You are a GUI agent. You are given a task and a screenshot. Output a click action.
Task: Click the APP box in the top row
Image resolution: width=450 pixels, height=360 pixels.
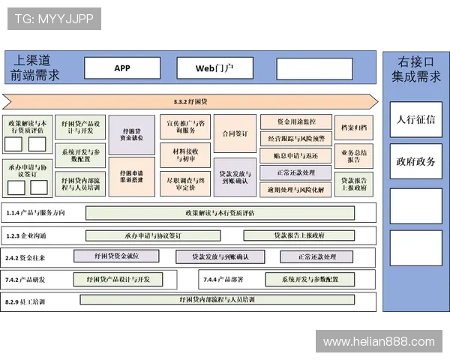pos(122,68)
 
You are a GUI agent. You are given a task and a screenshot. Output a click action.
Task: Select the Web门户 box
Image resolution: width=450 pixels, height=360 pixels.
pos(214,68)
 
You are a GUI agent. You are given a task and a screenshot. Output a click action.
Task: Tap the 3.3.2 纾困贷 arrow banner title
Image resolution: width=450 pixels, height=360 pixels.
pos(190,101)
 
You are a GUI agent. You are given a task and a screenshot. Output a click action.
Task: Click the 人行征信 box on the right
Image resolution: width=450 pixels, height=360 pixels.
pos(415,119)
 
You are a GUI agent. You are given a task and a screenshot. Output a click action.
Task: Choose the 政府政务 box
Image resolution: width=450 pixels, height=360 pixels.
pos(415,161)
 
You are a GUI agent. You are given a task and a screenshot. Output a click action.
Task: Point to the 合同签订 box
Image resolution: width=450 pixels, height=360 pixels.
pos(235,134)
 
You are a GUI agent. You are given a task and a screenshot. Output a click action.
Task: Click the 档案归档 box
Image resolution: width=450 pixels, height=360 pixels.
pos(353,127)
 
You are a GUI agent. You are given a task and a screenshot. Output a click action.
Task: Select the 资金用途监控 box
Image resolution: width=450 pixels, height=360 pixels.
pos(295,121)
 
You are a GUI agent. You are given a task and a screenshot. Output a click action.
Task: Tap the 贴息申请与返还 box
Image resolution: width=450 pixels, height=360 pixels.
pos(295,155)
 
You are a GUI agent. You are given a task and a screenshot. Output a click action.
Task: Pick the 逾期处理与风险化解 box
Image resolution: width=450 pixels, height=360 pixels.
pos(295,190)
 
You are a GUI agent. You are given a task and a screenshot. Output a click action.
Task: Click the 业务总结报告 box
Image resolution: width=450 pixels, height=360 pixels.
pos(353,156)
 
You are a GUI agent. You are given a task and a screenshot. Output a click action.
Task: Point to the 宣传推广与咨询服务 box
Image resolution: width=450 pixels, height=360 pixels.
pos(184,126)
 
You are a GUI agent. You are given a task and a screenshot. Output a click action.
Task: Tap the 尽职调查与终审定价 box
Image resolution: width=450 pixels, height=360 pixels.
pos(184,184)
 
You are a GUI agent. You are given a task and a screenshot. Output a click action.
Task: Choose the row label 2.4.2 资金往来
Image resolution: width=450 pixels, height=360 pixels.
pos(26,257)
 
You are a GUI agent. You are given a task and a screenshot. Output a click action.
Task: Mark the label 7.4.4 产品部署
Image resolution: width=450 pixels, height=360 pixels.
pos(224,280)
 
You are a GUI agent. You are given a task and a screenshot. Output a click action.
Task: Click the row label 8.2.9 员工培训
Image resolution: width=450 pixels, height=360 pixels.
pos(25,301)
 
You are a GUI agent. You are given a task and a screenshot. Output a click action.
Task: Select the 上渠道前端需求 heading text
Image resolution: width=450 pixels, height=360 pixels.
pos(35,67)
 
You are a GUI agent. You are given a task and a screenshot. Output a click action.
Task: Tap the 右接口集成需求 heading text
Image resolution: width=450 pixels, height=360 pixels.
pos(415,68)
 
